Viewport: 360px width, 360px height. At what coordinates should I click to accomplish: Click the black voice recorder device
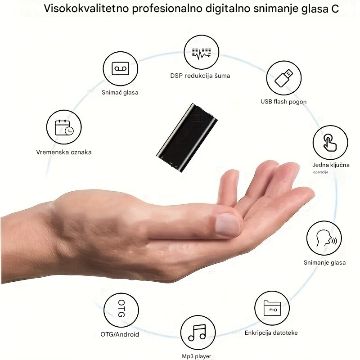pos(187,138)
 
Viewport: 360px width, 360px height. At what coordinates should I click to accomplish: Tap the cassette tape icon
pos(120,69)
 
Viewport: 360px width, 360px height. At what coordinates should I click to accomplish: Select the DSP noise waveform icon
pos(201,54)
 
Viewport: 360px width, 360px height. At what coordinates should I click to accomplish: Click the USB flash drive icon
pos(284,78)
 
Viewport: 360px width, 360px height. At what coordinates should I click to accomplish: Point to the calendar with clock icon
pos(64,128)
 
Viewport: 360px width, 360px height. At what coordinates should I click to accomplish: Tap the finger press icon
pos(330,143)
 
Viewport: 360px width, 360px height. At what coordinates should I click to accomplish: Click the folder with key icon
pos(272,308)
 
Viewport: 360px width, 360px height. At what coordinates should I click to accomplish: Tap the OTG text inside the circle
pos(121,308)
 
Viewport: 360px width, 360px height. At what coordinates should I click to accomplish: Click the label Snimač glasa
pos(120,93)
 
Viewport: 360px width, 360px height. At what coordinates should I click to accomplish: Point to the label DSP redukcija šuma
pos(200,76)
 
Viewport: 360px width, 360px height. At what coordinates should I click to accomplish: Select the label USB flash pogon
pos(283,102)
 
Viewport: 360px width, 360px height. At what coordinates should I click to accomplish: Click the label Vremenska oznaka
pos(64,152)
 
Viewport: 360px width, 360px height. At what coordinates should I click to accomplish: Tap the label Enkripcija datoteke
pos(271,333)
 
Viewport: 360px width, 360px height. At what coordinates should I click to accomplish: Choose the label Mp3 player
pos(197,356)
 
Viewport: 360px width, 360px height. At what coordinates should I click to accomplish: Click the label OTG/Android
pos(120,334)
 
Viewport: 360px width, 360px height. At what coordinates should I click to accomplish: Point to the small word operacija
pos(320,172)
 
